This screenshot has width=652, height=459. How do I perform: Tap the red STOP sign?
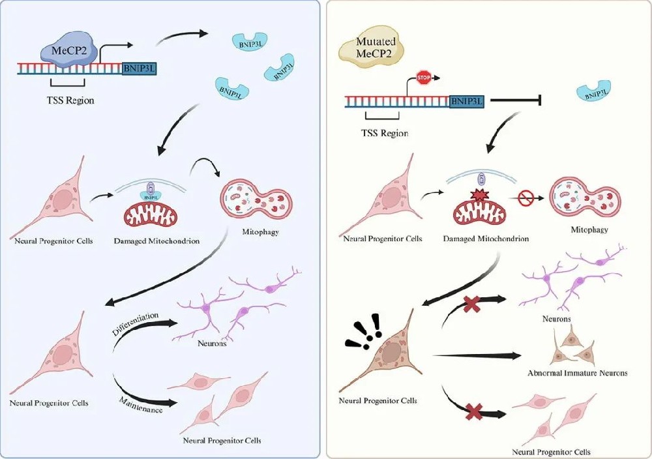[x=424, y=80]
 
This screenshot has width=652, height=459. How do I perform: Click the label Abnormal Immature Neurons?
[x=578, y=373]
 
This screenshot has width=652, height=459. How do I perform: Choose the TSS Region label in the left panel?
[x=68, y=102]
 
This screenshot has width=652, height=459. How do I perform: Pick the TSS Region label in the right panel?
[x=385, y=133]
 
